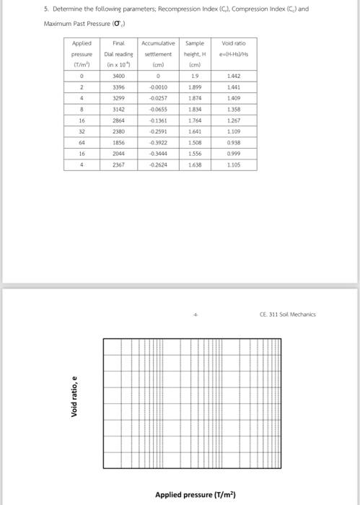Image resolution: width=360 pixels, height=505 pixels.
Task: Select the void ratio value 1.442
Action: coord(233,74)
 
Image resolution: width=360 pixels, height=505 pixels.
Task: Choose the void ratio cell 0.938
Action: coord(233,143)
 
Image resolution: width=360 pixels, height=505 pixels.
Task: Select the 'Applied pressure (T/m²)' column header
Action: coord(82,53)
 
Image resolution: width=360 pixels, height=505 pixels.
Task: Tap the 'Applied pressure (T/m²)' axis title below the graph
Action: coord(195,494)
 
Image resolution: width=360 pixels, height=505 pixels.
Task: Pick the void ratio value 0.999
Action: coord(233,153)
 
